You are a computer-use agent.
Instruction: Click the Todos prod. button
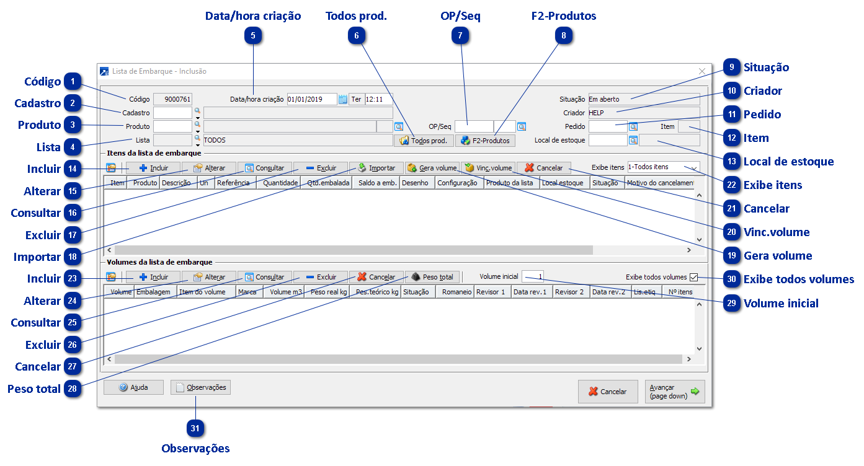tap(424, 141)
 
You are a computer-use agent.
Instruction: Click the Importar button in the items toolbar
tap(376, 168)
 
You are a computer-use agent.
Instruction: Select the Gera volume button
tap(432, 168)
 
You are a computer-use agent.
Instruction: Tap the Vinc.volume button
tap(488, 168)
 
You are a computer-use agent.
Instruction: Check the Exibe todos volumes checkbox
tap(693, 278)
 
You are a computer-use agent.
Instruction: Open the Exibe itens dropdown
tap(663, 167)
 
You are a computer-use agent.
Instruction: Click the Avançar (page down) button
tap(675, 392)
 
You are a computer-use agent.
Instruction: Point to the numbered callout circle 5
tap(253, 36)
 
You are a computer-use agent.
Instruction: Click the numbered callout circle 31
tap(196, 428)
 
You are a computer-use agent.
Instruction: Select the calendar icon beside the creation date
tap(342, 99)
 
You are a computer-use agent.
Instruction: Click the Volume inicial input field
tap(533, 277)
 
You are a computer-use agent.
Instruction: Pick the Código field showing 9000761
tap(173, 99)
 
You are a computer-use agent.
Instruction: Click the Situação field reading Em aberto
tap(643, 99)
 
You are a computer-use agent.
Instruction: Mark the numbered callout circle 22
tap(732, 185)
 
